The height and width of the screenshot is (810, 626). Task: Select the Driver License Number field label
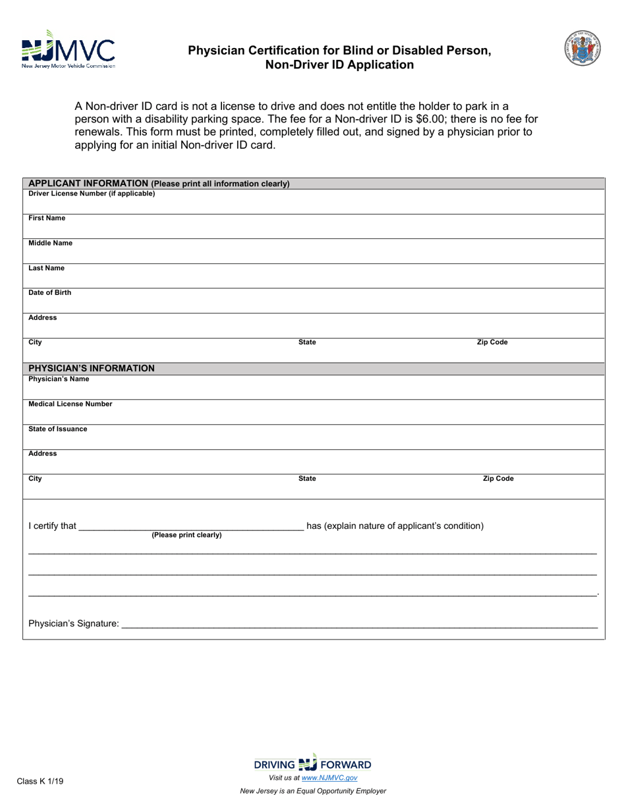(x=92, y=194)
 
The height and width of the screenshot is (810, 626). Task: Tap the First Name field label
(x=47, y=218)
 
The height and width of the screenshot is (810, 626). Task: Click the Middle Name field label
(x=50, y=243)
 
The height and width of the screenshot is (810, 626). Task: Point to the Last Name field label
(x=46, y=268)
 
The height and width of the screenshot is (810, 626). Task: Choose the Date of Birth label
(x=49, y=293)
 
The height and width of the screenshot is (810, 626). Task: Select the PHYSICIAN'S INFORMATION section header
(x=92, y=368)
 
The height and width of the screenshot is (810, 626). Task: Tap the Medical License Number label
(x=70, y=404)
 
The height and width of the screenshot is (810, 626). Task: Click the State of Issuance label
(x=57, y=429)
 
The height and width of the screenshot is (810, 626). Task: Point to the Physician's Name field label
(x=59, y=379)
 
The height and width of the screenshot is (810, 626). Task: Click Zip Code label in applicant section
(x=492, y=342)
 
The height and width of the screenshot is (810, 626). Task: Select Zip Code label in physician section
(x=498, y=479)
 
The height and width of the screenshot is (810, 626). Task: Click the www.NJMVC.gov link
(x=329, y=778)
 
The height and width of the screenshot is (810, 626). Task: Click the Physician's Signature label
(x=74, y=623)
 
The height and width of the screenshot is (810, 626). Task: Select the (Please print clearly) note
(x=186, y=535)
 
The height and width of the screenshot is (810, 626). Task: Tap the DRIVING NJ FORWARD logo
(x=312, y=764)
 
